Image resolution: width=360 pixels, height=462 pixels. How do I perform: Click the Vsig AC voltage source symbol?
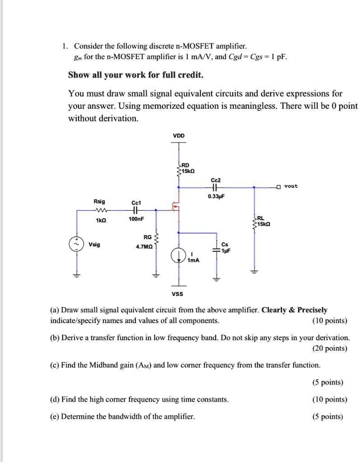point(76,244)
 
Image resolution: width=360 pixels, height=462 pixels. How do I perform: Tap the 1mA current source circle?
point(178,255)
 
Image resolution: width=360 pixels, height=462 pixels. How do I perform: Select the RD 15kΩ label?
point(185,168)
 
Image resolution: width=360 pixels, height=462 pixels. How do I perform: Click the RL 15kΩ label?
point(263,221)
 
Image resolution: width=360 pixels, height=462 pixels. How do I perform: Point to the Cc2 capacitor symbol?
point(214,186)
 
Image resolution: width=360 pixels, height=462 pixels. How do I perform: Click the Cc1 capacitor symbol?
point(136,210)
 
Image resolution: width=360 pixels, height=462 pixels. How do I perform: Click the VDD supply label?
point(179,135)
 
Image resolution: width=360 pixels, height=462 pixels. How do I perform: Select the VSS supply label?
point(178,294)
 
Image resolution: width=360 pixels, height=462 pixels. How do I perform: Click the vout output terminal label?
point(291,186)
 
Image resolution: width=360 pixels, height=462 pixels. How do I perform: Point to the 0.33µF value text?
point(216,197)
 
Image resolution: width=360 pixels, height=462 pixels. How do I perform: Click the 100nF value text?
point(136,219)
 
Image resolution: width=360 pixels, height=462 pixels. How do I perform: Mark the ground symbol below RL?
point(254,271)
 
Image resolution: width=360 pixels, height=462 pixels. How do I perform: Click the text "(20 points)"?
point(329,348)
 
